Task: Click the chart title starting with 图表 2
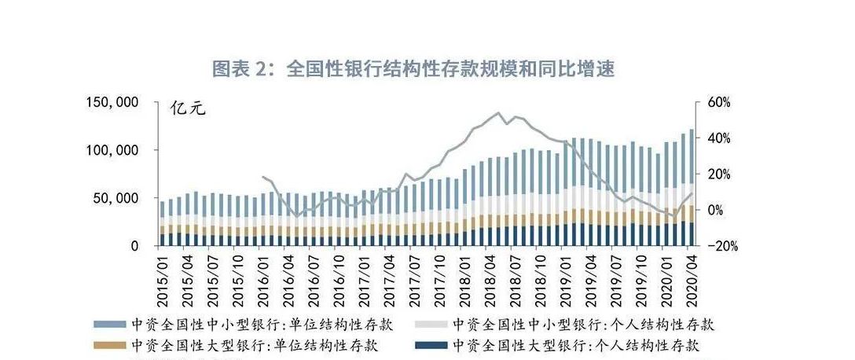[413, 69]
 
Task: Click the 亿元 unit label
[188, 108]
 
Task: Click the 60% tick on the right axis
[720, 102]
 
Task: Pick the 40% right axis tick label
[720, 138]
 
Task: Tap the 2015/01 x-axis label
[163, 277]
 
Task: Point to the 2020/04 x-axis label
[692, 277]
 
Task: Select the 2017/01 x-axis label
[364, 277]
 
